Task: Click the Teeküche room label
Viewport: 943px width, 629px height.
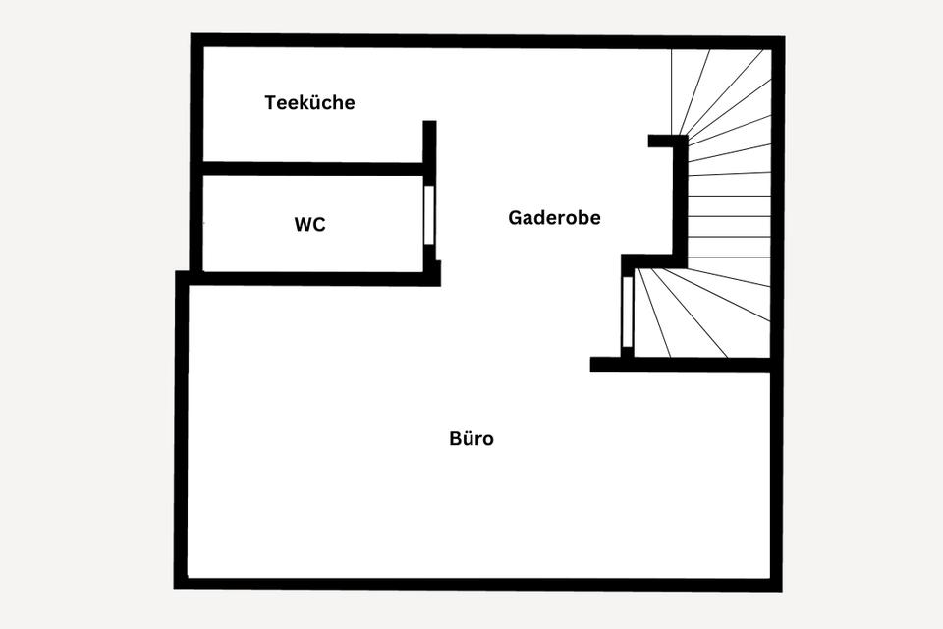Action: point(309,102)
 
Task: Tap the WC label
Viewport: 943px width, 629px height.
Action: point(309,225)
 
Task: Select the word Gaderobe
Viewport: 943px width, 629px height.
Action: point(554,218)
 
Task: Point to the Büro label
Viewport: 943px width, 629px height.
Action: point(471,438)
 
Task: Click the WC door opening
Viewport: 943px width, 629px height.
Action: point(428,214)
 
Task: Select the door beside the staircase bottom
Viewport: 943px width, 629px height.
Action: point(627,312)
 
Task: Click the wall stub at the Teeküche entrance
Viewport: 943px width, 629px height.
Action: point(429,143)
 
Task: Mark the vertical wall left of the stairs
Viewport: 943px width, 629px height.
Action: point(679,201)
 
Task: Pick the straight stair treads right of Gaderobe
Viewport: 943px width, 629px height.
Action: point(729,216)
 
